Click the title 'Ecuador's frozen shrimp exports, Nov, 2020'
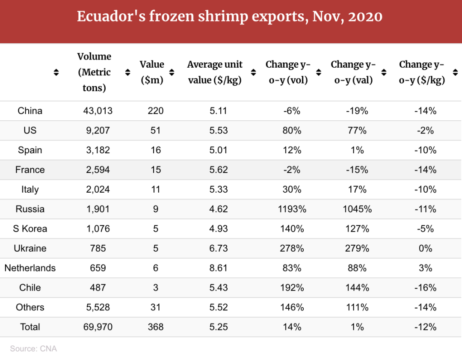click(230, 17)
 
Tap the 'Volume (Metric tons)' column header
click(94, 72)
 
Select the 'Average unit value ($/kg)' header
click(214, 72)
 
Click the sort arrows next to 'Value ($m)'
click(172, 72)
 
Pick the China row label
click(30, 111)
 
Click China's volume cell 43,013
click(98, 111)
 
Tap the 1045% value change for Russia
click(357, 209)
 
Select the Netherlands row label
click(30, 268)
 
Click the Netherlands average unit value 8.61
click(219, 268)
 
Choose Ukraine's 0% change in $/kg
click(425, 249)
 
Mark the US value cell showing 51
click(156, 131)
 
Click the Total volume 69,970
click(98, 327)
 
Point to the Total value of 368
click(156, 327)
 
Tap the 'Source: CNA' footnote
click(33, 349)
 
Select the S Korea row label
click(30, 229)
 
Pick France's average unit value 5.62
click(219, 170)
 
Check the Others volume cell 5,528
click(98, 307)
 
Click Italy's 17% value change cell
click(357, 190)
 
